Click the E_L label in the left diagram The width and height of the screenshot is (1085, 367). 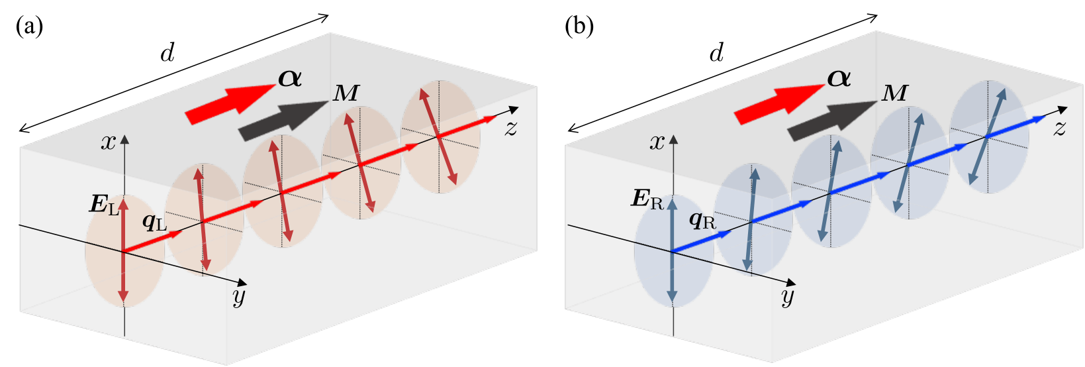click(105, 205)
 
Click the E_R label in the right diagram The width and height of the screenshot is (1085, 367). click(647, 199)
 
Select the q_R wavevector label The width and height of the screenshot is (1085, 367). click(702, 219)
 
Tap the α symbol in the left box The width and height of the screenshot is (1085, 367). click(290, 78)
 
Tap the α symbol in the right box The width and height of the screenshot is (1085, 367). click(839, 78)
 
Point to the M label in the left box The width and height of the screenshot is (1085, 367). click(346, 93)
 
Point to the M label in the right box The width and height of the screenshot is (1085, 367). click(894, 93)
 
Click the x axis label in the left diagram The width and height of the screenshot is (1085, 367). click(108, 142)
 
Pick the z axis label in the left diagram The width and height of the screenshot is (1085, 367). click(510, 128)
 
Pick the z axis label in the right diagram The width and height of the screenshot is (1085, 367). click(1059, 128)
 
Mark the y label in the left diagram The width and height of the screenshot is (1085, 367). click(239, 297)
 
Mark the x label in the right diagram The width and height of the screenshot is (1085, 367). click(657, 142)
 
